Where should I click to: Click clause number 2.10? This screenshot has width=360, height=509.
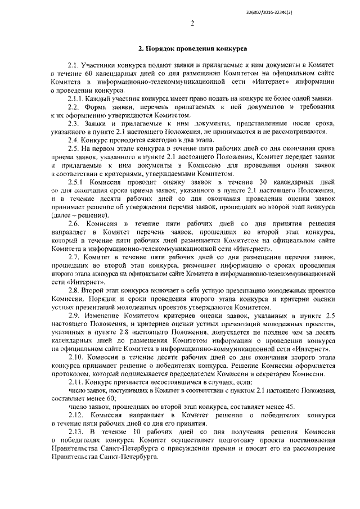pyautogui.click(x=75, y=357)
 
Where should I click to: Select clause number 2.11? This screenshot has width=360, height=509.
pyautogui.click(x=75, y=382)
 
